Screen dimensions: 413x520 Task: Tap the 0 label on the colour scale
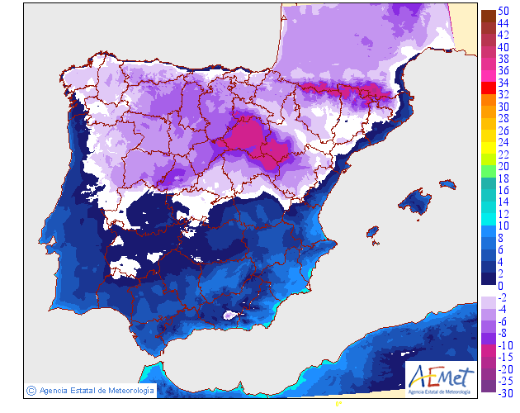point(500,285)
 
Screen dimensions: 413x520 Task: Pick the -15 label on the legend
point(503,357)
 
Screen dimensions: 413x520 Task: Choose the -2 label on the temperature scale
point(502,297)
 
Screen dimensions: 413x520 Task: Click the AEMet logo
point(442,377)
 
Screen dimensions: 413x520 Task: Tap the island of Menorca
point(451,182)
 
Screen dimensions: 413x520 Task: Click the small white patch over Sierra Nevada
point(231,315)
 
